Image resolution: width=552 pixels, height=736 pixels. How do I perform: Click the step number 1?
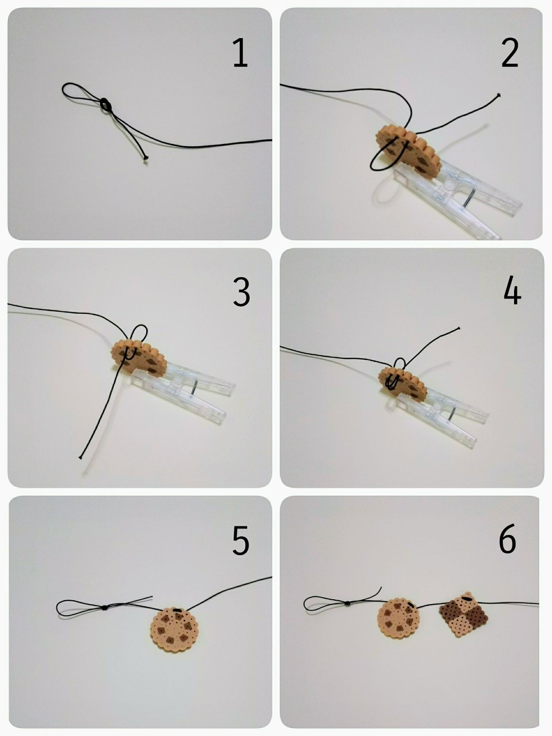(x=241, y=53)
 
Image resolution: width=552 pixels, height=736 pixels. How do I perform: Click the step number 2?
(x=510, y=53)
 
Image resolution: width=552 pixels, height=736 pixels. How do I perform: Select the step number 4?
(x=512, y=291)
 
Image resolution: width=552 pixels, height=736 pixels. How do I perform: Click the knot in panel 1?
(x=105, y=105)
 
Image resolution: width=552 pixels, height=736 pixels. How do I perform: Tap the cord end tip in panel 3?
(x=81, y=457)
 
